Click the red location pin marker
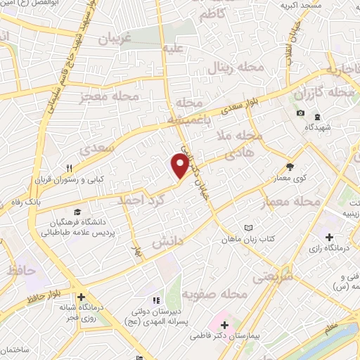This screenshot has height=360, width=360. tap(180, 167)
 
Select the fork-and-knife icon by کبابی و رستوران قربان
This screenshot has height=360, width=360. tap(69, 168)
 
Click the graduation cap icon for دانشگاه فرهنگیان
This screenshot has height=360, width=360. tap(77, 212)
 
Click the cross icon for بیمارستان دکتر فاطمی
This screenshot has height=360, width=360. tap(224, 326)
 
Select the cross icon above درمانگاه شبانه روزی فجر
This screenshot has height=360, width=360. tap(82, 297)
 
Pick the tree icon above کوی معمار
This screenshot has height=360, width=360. tap(290, 167)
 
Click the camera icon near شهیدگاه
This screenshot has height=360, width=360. tap(301, 113)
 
